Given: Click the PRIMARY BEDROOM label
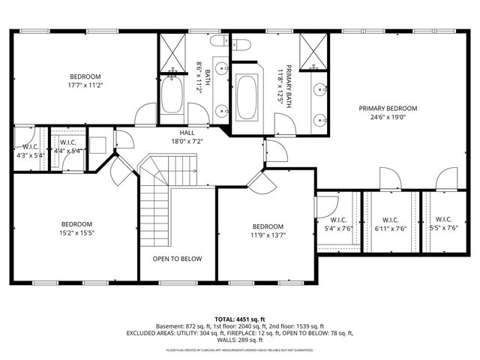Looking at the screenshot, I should click(x=388, y=108).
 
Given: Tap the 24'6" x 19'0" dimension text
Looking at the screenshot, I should click(x=388, y=118).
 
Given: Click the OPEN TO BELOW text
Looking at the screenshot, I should click(x=177, y=259).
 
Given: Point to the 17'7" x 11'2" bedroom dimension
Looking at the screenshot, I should click(x=85, y=85).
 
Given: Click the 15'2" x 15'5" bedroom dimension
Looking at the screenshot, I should click(x=76, y=233).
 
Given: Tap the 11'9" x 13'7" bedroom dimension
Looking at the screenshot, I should click(x=267, y=236).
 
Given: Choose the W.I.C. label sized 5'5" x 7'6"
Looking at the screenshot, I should click(x=442, y=220).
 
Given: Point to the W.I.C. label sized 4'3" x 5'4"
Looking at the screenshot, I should click(x=30, y=147).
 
